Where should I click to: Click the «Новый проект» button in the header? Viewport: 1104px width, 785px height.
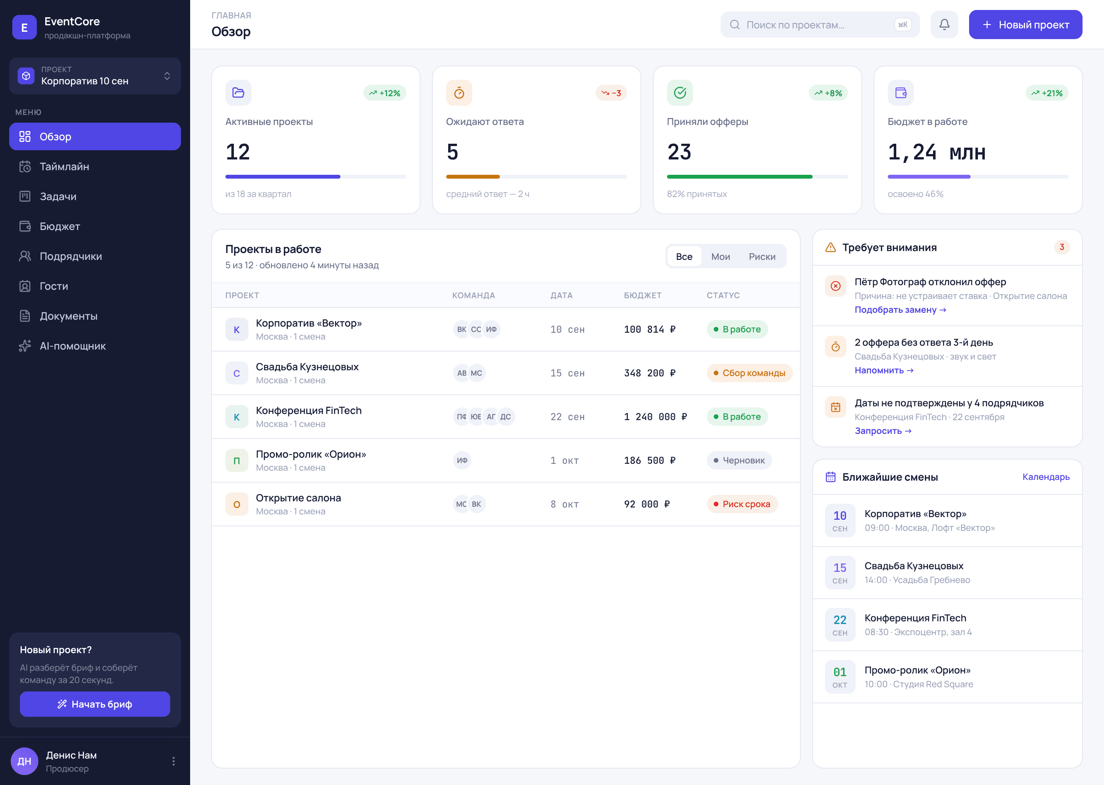1025,25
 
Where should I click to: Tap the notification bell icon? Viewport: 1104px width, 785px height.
944,25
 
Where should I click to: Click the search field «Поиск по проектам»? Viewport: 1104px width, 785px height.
820,25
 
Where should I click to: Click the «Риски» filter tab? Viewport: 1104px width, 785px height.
762,257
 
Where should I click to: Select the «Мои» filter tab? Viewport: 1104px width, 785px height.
720,257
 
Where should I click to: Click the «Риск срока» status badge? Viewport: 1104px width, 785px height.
742,504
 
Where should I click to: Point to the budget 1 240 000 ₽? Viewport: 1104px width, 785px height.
655,417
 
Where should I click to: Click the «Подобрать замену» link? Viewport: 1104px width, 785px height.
900,310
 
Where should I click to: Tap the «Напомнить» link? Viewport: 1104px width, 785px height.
884,370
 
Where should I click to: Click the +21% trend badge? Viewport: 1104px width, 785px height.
1047,93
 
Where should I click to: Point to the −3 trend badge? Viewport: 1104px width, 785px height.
611,93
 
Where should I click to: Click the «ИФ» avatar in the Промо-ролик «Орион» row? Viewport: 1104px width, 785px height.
462,461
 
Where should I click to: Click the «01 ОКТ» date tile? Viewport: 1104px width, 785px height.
839,677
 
